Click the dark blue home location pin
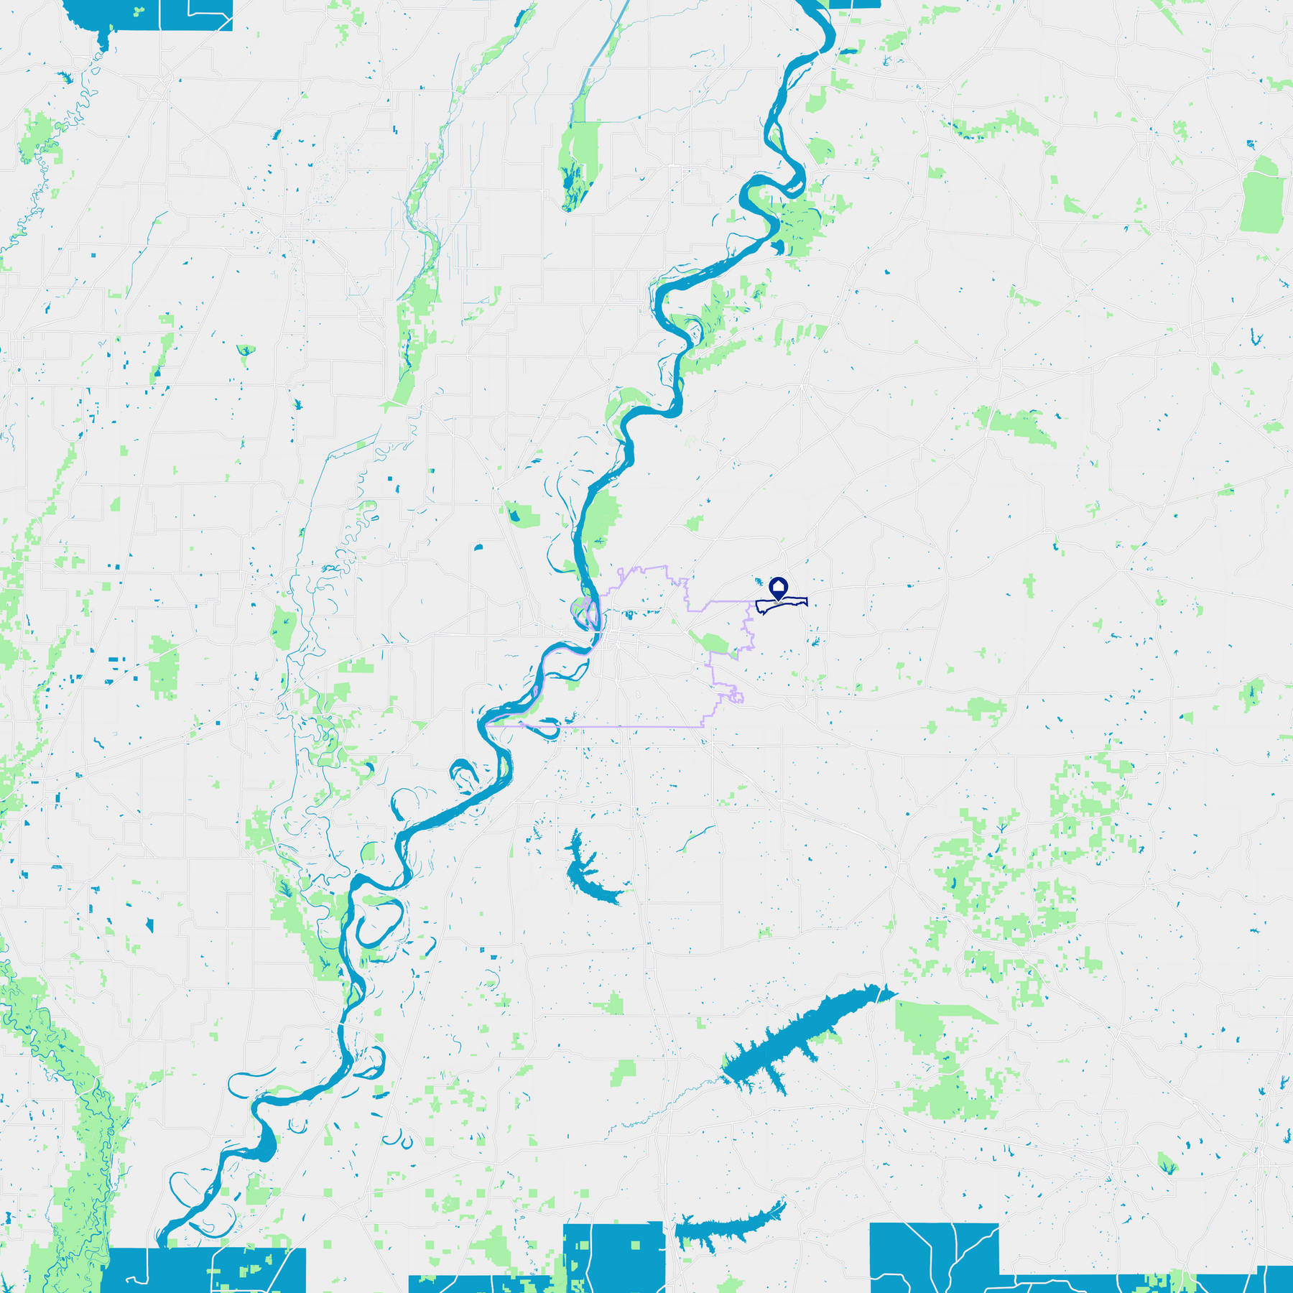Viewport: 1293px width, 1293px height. (x=779, y=588)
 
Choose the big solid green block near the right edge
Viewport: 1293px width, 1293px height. (x=1262, y=196)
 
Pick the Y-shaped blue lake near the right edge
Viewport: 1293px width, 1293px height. (x=1256, y=337)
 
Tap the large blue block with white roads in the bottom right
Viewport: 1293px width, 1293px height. (x=934, y=1257)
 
